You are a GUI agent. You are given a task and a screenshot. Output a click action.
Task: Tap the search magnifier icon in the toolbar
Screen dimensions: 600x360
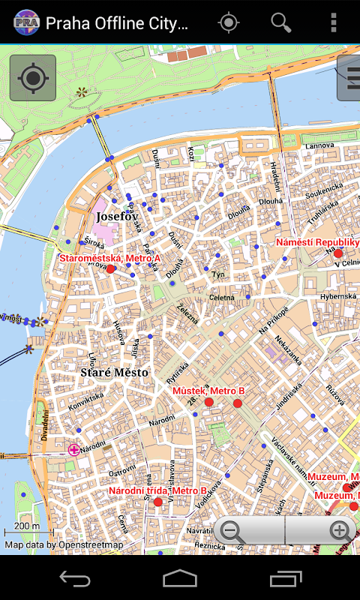281,22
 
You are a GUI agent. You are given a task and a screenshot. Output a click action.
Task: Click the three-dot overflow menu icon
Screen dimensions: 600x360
334,22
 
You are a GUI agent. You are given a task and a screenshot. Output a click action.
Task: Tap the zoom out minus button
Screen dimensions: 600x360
233,532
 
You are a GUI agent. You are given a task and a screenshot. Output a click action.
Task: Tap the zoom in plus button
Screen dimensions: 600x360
340,532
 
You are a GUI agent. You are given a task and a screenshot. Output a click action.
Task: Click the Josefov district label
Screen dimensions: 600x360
117,216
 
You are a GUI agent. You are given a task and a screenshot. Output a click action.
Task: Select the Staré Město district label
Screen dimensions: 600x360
114,372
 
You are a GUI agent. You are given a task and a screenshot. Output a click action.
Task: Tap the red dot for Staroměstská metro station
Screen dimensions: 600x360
111,268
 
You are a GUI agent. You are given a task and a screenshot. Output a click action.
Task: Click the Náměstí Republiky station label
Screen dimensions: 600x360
317,242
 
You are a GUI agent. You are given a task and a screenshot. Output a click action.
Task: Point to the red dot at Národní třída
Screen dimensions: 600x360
157,502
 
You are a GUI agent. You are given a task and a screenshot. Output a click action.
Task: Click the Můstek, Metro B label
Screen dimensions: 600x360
208,391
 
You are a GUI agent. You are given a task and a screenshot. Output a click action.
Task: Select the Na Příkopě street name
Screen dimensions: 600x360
274,321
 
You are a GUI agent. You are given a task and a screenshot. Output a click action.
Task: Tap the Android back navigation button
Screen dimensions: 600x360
75,578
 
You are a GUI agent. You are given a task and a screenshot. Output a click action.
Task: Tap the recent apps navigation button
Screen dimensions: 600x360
286,578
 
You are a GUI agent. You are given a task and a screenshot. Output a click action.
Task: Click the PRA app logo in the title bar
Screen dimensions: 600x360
26,22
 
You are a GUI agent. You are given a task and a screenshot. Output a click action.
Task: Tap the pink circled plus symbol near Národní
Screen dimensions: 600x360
73,450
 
